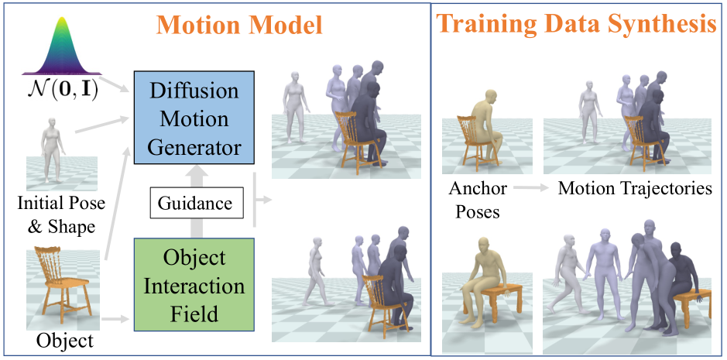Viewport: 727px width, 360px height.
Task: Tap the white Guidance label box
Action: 194,204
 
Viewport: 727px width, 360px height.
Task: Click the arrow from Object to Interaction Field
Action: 116,317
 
